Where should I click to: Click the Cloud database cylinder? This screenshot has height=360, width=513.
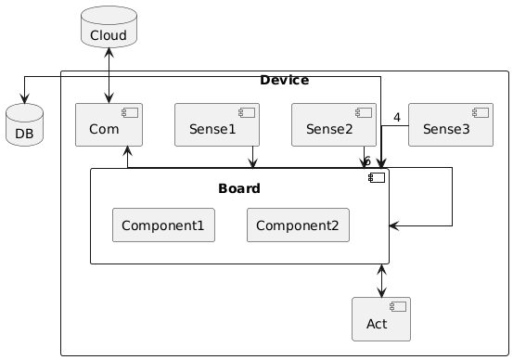coord(109,27)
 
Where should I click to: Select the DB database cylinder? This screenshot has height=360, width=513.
coord(24,124)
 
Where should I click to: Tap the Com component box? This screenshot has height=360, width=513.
coord(109,124)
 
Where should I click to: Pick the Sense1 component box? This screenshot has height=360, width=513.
coord(217,124)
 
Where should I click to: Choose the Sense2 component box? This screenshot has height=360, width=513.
coord(334,124)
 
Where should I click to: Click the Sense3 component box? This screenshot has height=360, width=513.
coord(451,124)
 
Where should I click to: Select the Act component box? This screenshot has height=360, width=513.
coord(381,319)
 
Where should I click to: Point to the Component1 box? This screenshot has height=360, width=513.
coord(163,225)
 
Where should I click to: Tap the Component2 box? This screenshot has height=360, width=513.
coord(298,225)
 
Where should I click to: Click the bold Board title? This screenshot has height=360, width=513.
coord(239,188)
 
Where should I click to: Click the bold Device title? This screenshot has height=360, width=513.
coord(284,80)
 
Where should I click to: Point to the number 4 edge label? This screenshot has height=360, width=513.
coord(397,117)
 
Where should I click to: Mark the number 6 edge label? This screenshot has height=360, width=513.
coord(367,161)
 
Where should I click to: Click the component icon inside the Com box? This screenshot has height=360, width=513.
coord(130,113)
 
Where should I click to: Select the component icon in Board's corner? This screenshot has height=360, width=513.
coord(377,178)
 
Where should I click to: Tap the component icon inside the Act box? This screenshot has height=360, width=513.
coord(398,307)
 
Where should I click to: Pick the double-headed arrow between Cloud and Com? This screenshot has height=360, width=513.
coord(109,75)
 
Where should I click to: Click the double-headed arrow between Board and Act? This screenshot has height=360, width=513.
coord(381,281)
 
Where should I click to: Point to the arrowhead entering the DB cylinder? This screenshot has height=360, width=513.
coord(24,98)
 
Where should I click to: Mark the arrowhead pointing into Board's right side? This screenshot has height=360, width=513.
coord(394,225)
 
